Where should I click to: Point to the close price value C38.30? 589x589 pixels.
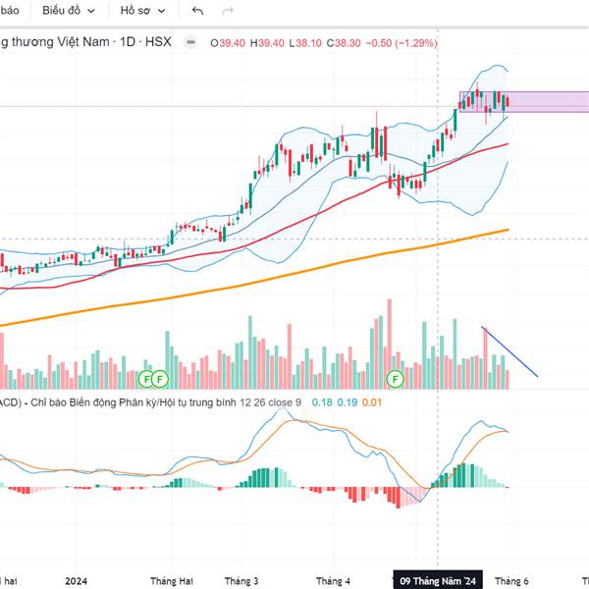point(347,43)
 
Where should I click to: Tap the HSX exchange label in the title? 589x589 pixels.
point(158,43)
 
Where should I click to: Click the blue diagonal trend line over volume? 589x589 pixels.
point(510,351)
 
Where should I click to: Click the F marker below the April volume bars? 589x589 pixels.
point(397,378)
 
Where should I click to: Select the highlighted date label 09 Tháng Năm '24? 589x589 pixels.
point(439,580)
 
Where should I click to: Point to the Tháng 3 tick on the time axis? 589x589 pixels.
point(241,580)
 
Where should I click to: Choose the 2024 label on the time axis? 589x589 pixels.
point(77,580)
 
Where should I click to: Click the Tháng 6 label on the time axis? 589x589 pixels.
point(511,580)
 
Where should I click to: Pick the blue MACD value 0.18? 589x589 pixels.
point(321,402)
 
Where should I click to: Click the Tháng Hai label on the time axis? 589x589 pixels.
point(168,580)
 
